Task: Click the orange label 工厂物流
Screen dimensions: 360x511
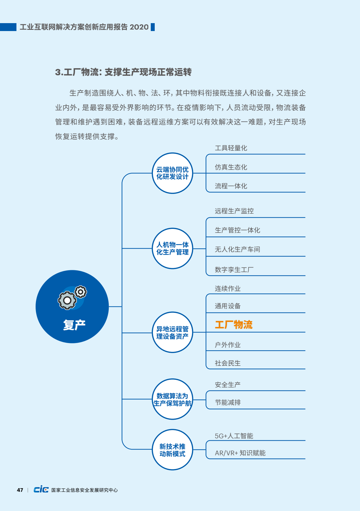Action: click(234, 324)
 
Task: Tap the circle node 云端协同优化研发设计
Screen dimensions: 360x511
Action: click(172, 173)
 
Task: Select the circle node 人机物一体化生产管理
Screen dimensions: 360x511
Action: click(172, 248)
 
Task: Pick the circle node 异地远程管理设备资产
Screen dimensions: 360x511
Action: click(172, 332)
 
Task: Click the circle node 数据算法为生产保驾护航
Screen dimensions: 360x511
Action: click(172, 399)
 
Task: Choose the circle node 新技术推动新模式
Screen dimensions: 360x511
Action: click(172, 450)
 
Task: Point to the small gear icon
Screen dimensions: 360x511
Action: click(81, 292)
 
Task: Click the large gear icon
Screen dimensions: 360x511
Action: click(67, 300)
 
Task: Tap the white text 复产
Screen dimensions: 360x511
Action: click(74, 325)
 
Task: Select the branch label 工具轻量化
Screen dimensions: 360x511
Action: click(231, 148)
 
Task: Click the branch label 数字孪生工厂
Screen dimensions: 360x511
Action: click(234, 270)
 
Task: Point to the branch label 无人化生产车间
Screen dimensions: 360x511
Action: click(237, 249)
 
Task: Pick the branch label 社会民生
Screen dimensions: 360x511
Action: click(228, 363)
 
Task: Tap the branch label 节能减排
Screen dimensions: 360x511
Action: click(228, 402)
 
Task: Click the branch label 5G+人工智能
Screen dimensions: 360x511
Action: click(234, 436)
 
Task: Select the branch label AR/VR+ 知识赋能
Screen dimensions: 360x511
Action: click(240, 453)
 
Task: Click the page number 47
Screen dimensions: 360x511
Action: click(20, 490)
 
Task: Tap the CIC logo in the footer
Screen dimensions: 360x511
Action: click(41, 489)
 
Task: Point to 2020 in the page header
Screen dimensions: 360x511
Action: click(139, 27)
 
